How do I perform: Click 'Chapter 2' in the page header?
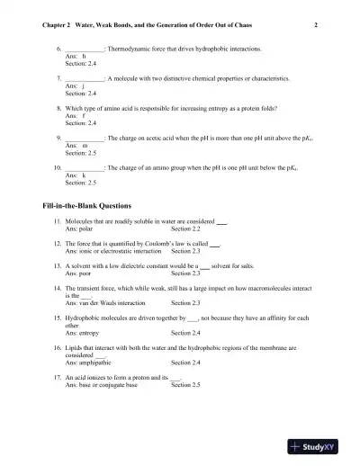point(58,26)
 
